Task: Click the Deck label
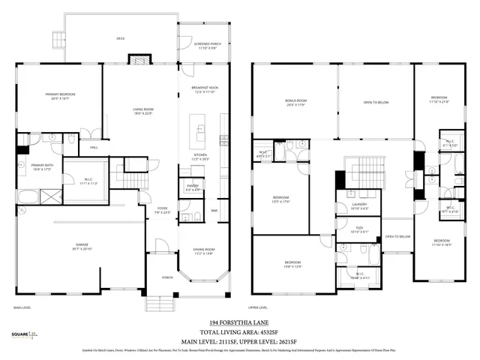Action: (x=120, y=38)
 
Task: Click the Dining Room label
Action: (x=204, y=252)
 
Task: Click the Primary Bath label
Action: (x=39, y=167)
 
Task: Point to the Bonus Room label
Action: (x=295, y=102)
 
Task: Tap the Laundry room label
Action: (x=360, y=206)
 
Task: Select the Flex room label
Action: (x=360, y=230)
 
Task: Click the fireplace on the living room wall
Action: (x=139, y=59)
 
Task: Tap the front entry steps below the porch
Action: (x=158, y=303)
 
